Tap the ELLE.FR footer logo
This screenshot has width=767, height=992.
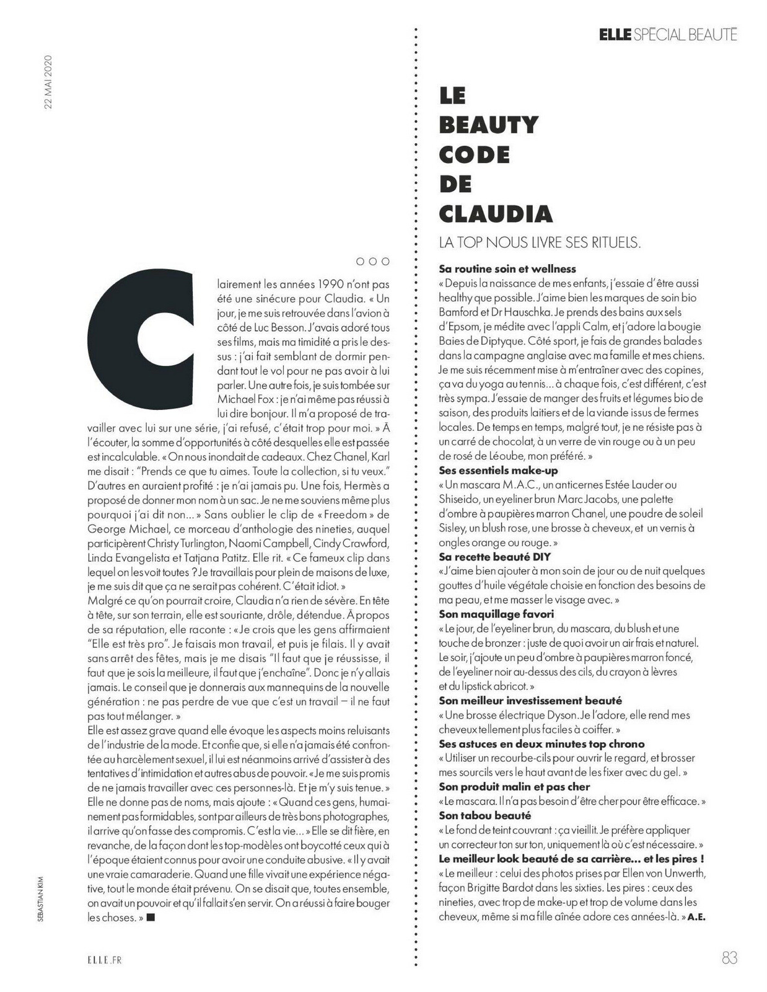click(x=104, y=959)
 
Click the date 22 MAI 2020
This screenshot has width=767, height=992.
click(x=48, y=82)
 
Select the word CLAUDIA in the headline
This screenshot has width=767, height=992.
click(x=496, y=213)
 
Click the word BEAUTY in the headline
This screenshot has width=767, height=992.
click(x=489, y=125)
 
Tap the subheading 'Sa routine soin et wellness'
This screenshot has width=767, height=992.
click(x=507, y=269)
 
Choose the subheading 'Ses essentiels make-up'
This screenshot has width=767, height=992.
click(x=499, y=471)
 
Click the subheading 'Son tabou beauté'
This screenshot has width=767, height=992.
click(x=485, y=815)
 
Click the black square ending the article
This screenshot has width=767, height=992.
click(x=151, y=917)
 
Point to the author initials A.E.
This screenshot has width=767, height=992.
click(x=697, y=916)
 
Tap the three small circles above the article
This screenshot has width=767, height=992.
click(x=372, y=261)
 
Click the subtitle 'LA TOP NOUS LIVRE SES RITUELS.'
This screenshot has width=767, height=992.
click(x=539, y=242)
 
